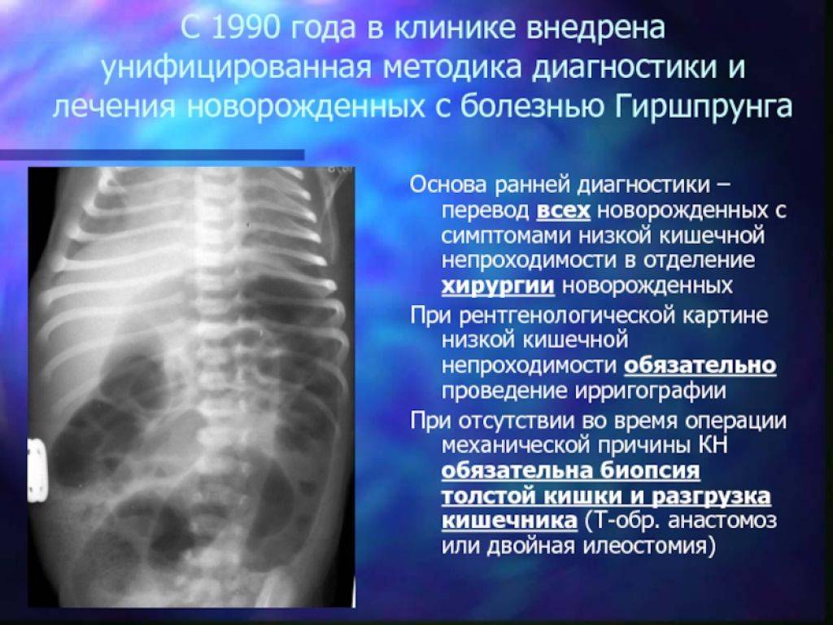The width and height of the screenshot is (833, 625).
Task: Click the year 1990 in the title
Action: point(245,28)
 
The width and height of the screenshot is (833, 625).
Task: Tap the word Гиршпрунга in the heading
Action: point(704,107)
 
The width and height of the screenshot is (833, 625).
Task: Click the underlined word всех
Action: point(563,211)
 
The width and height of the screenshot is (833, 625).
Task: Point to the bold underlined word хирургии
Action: point(499,286)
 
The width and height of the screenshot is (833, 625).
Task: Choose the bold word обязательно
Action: point(700,365)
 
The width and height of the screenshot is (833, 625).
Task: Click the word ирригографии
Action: point(650,391)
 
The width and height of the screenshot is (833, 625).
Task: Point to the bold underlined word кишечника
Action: point(509,521)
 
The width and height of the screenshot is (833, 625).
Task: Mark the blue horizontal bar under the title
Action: point(152,155)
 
